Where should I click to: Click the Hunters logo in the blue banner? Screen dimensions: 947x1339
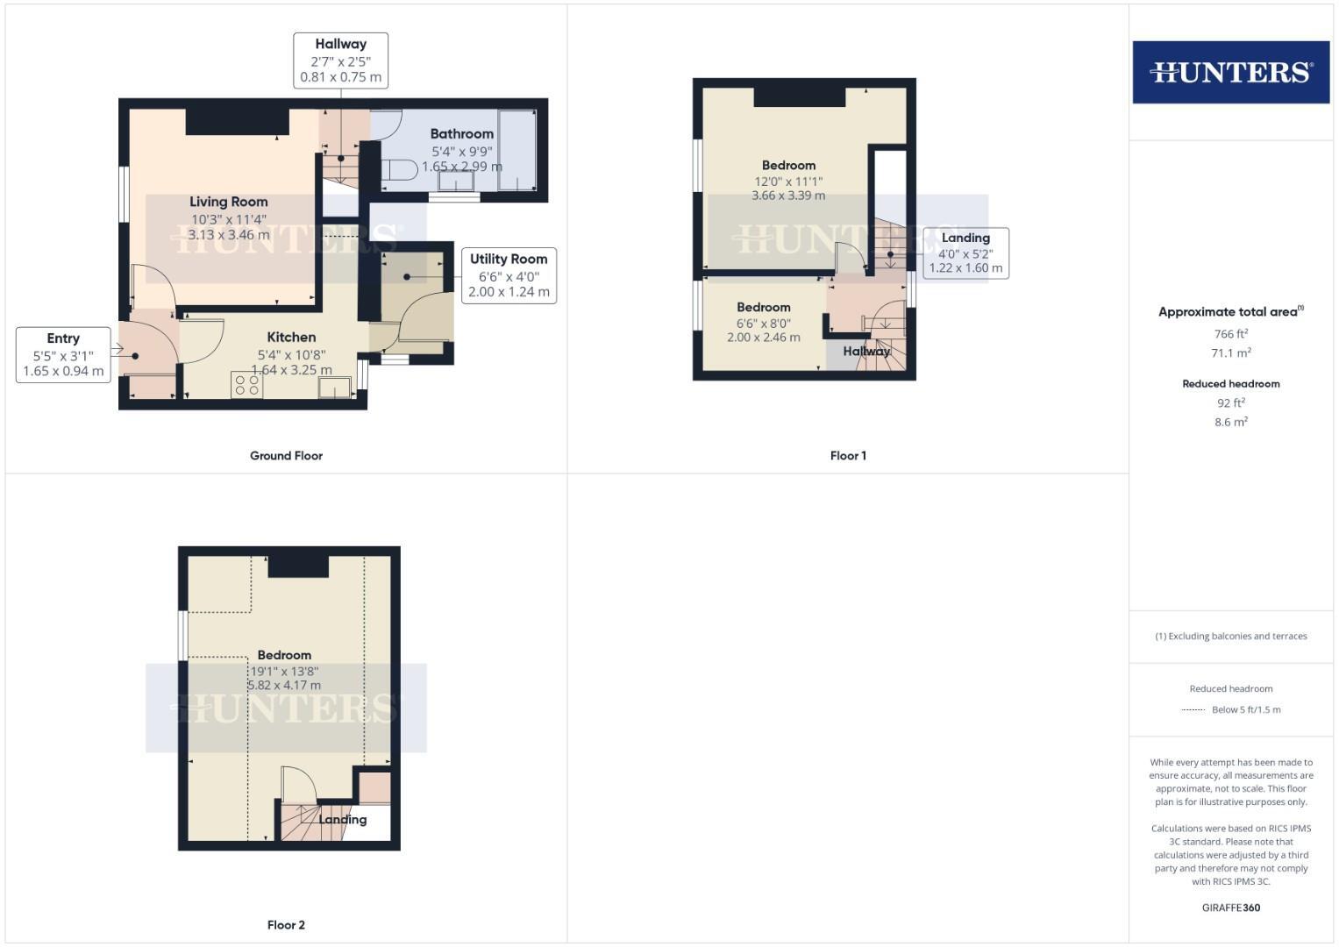click(1230, 72)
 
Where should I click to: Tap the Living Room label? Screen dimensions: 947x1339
click(228, 202)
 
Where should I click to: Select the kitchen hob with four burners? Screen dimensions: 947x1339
click(247, 385)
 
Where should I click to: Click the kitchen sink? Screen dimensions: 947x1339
click(334, 387)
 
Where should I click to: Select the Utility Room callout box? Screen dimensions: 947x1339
click(509, 275)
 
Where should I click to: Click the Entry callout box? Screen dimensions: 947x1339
click(63, 354)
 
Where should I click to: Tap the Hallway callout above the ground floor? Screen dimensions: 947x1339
click(340, 61)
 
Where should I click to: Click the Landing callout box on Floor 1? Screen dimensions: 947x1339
click(965, 253)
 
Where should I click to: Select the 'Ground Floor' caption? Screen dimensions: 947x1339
click(286, 456)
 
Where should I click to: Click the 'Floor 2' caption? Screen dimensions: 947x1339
click(286, 925)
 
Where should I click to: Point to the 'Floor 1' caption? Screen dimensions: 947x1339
click(848, 456)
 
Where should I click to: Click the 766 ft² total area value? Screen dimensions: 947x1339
click(1230, 334)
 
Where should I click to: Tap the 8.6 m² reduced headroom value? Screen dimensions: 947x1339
click(1230, 422)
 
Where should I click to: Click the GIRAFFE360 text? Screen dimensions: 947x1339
click(1230, 908)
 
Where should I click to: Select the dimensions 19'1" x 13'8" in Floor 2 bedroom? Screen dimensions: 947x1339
click(284, 671)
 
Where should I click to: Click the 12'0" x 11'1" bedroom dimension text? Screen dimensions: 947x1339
click(788, 182)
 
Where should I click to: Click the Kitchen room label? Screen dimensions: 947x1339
click(291, 337)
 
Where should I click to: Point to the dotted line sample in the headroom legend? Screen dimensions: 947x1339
click(1193, 709)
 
